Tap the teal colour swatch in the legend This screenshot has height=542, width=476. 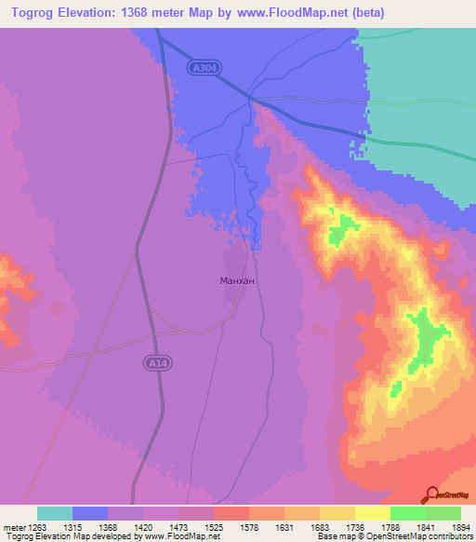pyautogui.click(x=55, y=513)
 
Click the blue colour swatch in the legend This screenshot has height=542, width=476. pyautogui.click(x=90, y=513)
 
